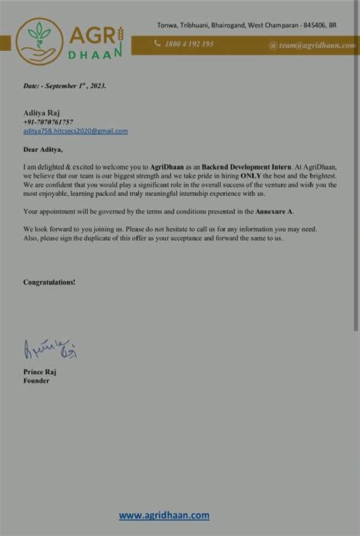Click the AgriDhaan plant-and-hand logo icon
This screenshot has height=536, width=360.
tap(39, 40)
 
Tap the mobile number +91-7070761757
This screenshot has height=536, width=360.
tap(48, 121)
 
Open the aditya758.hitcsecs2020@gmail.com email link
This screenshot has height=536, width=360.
tap(75, 131)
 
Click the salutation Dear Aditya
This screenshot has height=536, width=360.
tap(43, 149)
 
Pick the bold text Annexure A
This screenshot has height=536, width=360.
tap(274, 210)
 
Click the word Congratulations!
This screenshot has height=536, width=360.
tap(49, 282)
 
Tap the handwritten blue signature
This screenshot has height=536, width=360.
tap(50, 348)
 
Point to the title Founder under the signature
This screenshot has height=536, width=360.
tap(36, 380)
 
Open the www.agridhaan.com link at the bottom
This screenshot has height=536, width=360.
tap(164, 515)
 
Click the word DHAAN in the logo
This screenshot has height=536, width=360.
tap(96, 55)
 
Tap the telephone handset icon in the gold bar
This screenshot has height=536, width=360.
tap(158, 44)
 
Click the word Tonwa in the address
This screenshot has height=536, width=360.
tap(168, 25)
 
